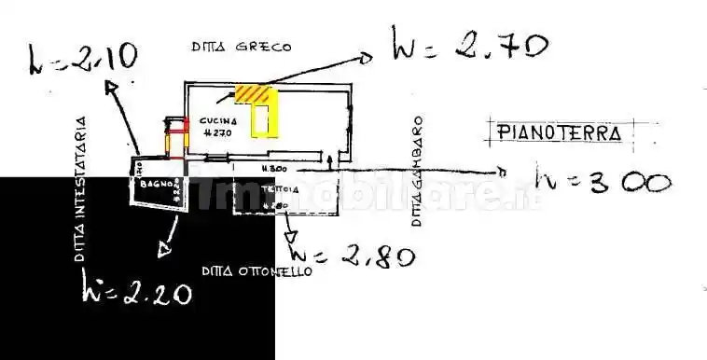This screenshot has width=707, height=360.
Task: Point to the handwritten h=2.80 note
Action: click(x=353, y=254)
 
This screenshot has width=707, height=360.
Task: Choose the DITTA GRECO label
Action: click(x=242, y=45)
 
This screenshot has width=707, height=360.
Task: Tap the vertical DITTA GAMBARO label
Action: click(x=418, y=172)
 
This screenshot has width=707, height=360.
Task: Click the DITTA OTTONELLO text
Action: click(x=256, y=271)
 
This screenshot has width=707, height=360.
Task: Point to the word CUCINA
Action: click(x=217, y=121)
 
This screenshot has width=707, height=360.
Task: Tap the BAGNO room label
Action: click(x=153, y=185)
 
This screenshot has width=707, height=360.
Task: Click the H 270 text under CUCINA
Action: click(x=216, y=133)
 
